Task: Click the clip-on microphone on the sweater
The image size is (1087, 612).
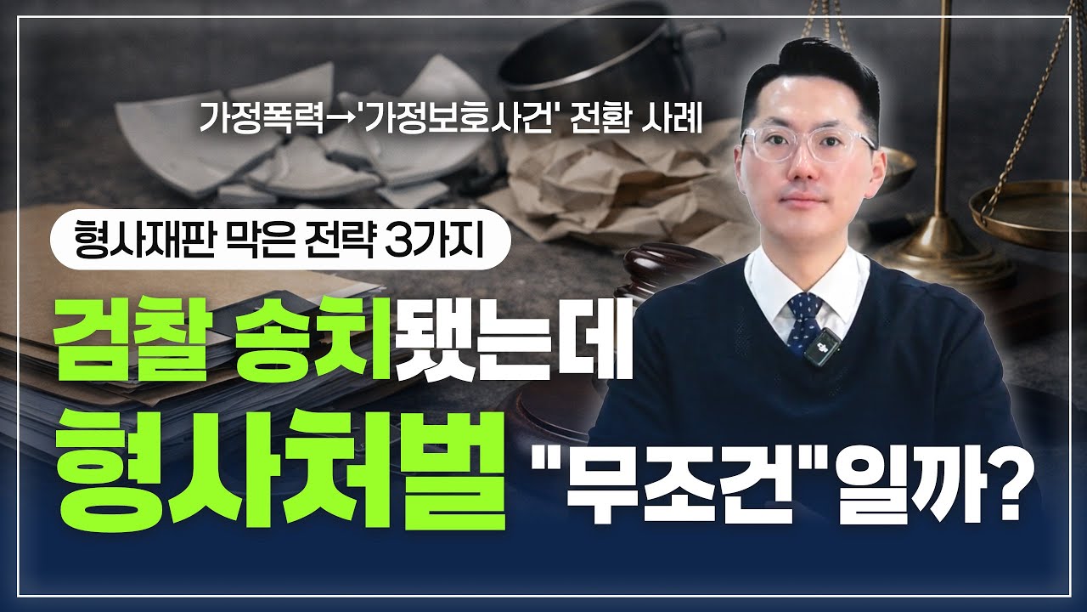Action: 819,348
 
